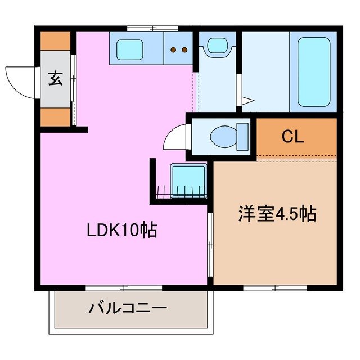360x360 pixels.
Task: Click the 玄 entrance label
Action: [x=55, y=79]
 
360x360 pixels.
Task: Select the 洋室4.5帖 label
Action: [x=276, y=214]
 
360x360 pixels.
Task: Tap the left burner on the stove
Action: [x=174, y=50]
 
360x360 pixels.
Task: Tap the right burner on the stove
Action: [x=184, y=50]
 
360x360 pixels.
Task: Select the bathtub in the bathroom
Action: [x=313, y=71]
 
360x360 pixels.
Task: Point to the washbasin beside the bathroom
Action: [x=215, y=46]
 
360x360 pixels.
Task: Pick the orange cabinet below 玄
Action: [x=55, y=116]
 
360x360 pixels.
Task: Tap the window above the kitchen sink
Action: [x=152, y=28]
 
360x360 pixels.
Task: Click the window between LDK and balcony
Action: [x=124, y=288]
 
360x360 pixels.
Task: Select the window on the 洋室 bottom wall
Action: [x=275, y=288]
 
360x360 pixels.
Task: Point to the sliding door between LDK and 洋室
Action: [x=210, y=245]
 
